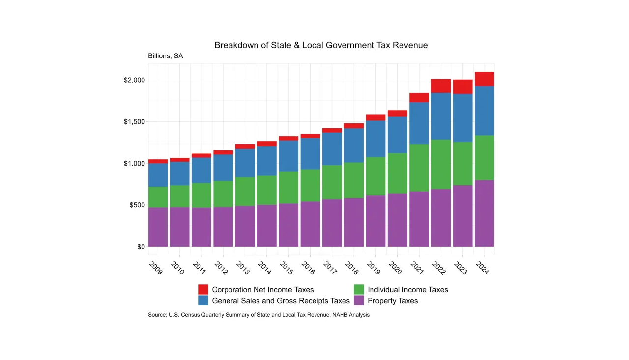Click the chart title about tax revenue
(x=321, y=45)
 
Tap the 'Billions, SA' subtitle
(x=165, y=56)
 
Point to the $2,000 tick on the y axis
(x=134, y=80)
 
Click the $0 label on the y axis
(x=141, y=247)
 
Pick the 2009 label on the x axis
(x=155, y=268)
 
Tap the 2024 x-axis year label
(x=482, y=268)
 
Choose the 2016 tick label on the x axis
(x=308, y=268)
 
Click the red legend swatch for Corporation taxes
(x=203, y=290)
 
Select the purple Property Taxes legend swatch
(x=359, y=301)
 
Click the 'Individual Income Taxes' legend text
(x=408, y=290)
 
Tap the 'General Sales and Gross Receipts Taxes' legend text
(x=281, y=301)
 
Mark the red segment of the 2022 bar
(x=441, y=86)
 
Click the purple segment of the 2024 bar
(x=484, y=213)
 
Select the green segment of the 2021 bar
(x=419, y=168)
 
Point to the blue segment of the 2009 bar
(x=158, y=175)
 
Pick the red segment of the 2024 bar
(x=484, y=79)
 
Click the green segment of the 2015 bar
(x=288, y=188)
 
